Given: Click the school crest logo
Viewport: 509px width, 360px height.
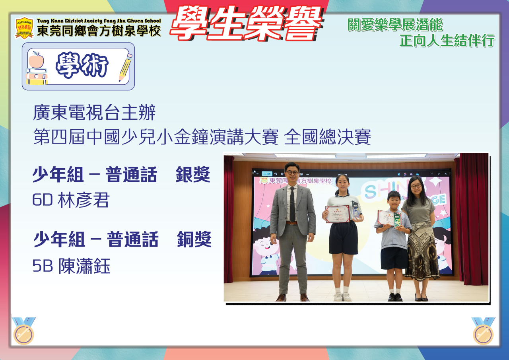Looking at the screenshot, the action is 24,28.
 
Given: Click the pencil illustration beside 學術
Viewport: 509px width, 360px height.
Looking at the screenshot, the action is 125,67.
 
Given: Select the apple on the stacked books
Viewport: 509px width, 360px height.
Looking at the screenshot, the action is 36,60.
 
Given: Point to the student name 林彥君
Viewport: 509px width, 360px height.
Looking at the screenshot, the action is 84,200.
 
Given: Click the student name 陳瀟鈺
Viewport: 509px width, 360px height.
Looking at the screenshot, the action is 85,266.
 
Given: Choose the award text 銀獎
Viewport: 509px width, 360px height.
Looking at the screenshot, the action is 193,174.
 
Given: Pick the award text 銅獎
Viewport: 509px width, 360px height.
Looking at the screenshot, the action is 194,239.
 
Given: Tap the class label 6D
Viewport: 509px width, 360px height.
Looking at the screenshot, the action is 43,200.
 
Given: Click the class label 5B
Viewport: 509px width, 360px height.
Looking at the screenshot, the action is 43,266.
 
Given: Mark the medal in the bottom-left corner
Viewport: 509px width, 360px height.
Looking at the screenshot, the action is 23,331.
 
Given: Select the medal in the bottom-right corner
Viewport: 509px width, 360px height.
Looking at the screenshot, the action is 483,331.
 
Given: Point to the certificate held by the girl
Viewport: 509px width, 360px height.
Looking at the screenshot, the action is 338,214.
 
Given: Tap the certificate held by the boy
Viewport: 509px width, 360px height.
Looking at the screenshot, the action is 387,218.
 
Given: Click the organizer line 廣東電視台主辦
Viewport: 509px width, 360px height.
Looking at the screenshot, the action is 94,113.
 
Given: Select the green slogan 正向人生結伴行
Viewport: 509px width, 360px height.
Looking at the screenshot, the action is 447,41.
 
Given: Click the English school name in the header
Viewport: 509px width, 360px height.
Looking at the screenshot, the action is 99,21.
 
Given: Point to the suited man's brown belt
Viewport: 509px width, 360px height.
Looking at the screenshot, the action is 291,223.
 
